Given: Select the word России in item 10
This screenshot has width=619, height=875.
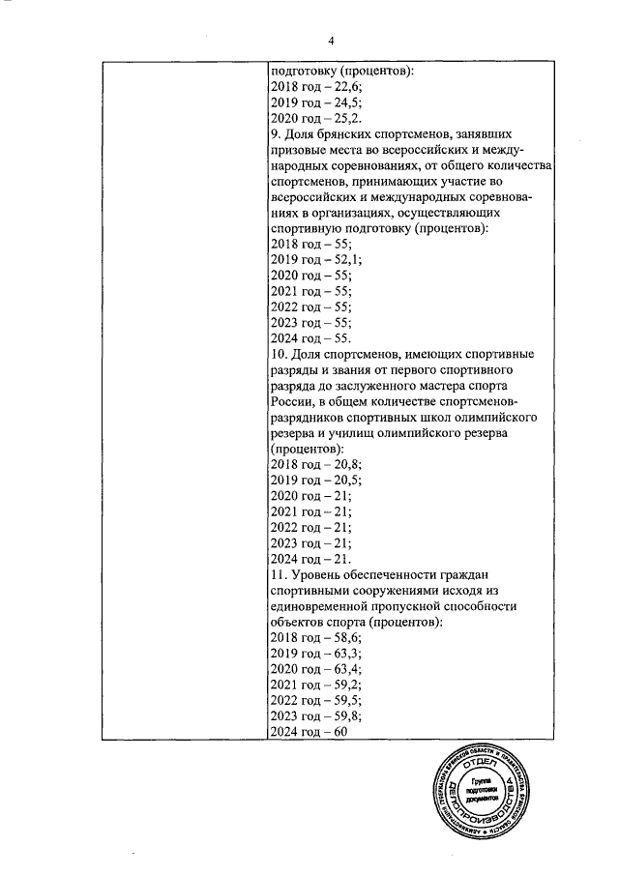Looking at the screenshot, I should [293, 402].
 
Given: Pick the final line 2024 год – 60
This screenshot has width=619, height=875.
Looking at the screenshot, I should [309, 732].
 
